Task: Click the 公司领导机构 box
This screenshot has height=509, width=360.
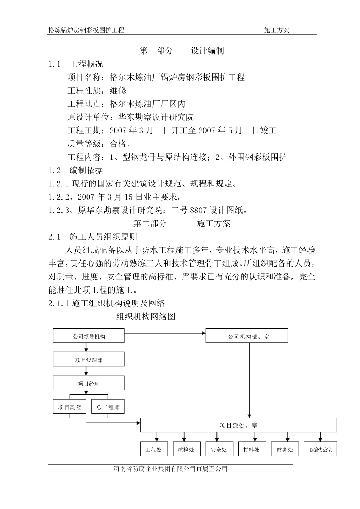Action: (x=89, y=336)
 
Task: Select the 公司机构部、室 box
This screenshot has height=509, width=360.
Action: (x=247, y=336)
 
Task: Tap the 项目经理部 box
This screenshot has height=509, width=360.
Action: (x=89, y=359)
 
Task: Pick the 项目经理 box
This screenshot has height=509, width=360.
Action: (x=89, y=383)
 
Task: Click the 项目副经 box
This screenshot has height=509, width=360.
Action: (x=70, y=407)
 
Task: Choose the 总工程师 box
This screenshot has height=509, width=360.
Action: (x=108, y=407)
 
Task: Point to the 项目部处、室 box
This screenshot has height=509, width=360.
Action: (x=238, y=425)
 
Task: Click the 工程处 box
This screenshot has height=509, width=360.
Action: (x=153, y=449)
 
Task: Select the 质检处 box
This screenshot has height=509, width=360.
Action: (x=186, y=449)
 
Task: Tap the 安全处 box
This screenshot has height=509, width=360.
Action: (x=219, y=449)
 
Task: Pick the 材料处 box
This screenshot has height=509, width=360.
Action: (x=251, y=449)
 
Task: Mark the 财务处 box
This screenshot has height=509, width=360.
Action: (x=285, y=449)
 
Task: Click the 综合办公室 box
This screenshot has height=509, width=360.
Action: (x=321, y=449)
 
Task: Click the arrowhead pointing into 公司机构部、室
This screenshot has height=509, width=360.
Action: (x=203, y=333)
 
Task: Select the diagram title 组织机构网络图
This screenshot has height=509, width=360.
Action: (x=146, y=317)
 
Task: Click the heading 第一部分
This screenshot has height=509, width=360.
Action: (x=156, y=51)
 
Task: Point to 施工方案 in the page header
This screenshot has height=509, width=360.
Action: (x=277, y=30)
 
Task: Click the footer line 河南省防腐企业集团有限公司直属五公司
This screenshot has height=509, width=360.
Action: (x=170, y=469)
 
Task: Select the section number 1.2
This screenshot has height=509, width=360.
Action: (x=55, y=170)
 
